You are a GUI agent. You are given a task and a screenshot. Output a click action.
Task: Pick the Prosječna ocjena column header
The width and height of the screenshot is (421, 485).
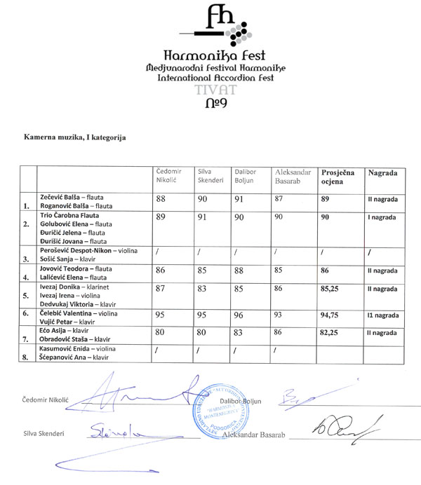pyautogui.click(x=338, y=176)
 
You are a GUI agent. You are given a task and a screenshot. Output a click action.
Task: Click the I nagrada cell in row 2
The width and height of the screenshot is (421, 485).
pyautogui.click(x=382, y=218)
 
